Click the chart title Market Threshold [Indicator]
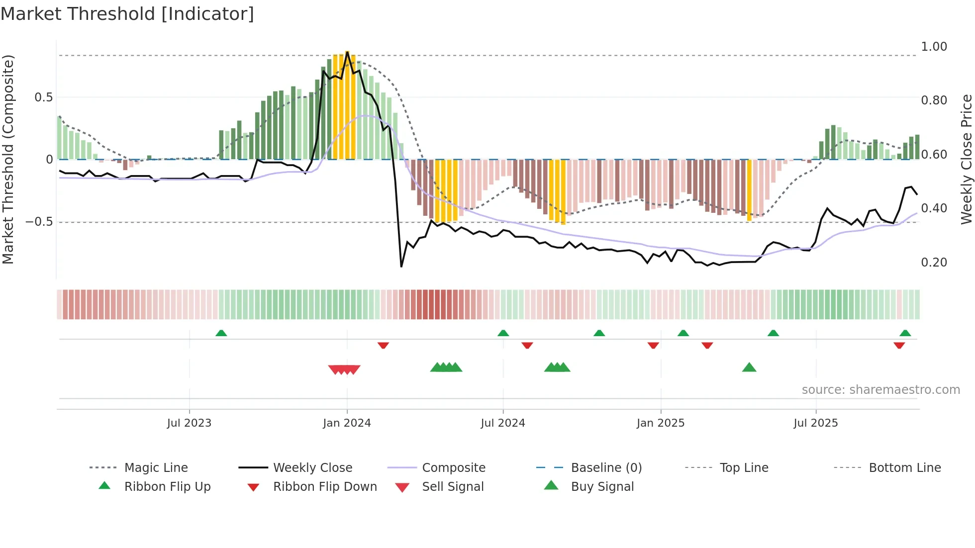click(x=127, y=14)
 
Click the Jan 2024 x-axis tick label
click(x=347, y=423)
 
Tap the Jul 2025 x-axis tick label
click(x=815, y=423)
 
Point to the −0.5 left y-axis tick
click(x=39, y=222)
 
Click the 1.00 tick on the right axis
click(x=934, y=47)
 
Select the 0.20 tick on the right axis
click(x=934, y=263)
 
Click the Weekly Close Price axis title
click(x=966, y=159)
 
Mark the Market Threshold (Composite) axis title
click(x=8, y=159)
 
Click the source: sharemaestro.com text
click(x=880, y=390)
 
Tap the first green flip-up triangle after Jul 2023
click(x=221, y=333)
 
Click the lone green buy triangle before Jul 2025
click(x=749, y=367)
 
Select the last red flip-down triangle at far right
click(x=899, y=345)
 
